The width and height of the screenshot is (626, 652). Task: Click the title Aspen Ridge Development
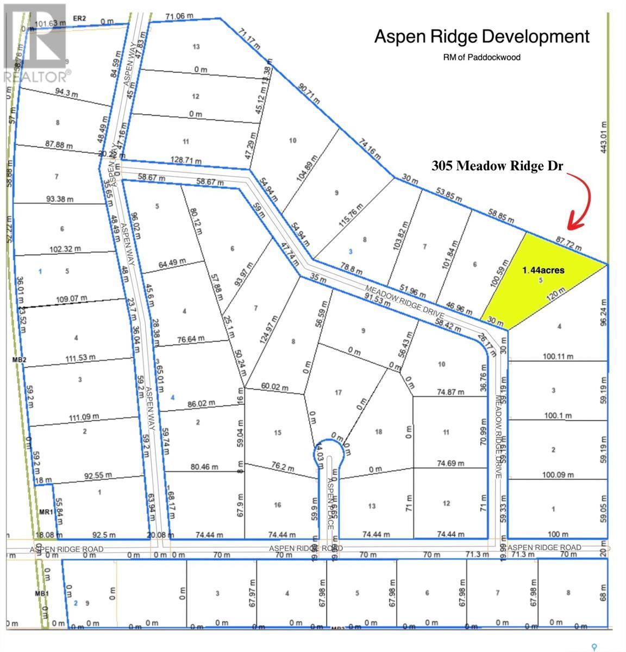tap(481, 37)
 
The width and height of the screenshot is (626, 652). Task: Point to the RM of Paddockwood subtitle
tap(481, 57)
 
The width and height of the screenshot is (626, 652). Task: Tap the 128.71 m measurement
tap(186, 161)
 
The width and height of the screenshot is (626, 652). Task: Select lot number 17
tap(338, 392)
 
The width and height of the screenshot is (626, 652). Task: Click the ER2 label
tap(79, 19)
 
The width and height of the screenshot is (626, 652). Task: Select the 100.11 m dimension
tap(558, 357)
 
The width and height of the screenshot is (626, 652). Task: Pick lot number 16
tap(278, 505)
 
